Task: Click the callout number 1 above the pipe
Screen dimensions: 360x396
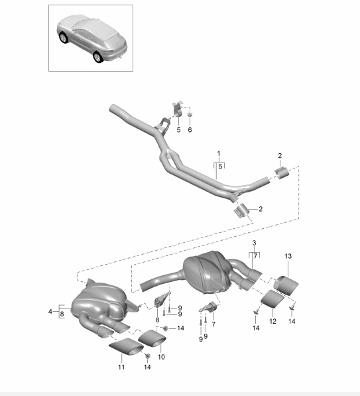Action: [x=219, y=153]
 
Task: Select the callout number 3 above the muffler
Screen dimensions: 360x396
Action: [x=254, y=243]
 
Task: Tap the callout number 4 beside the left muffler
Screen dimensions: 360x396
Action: [x=50, y=312]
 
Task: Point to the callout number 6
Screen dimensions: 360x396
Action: [x=190, y=130]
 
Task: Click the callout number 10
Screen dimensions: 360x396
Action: [x=161, y=357]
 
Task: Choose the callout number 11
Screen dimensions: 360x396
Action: [x=121, y=367]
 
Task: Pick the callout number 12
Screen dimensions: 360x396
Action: [x=272, y=321]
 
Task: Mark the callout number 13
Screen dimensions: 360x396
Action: [x=288, y=256]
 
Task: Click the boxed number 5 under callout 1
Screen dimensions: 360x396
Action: [x=220, y=166]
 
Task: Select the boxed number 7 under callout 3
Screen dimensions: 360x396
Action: [x=255, y=256]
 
